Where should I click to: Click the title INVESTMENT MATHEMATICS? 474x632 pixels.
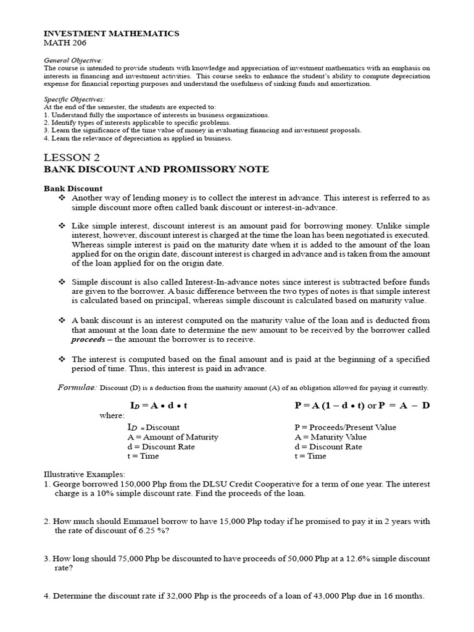click(111, 33)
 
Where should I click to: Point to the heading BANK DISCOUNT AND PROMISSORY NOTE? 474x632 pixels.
click(156, 170)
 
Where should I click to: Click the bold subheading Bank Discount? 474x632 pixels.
click(73, 188)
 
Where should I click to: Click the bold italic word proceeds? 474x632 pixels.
click(88, 339)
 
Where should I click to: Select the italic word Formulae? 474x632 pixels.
click(77, 387)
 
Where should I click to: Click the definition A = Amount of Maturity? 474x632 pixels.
click(172, 436)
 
